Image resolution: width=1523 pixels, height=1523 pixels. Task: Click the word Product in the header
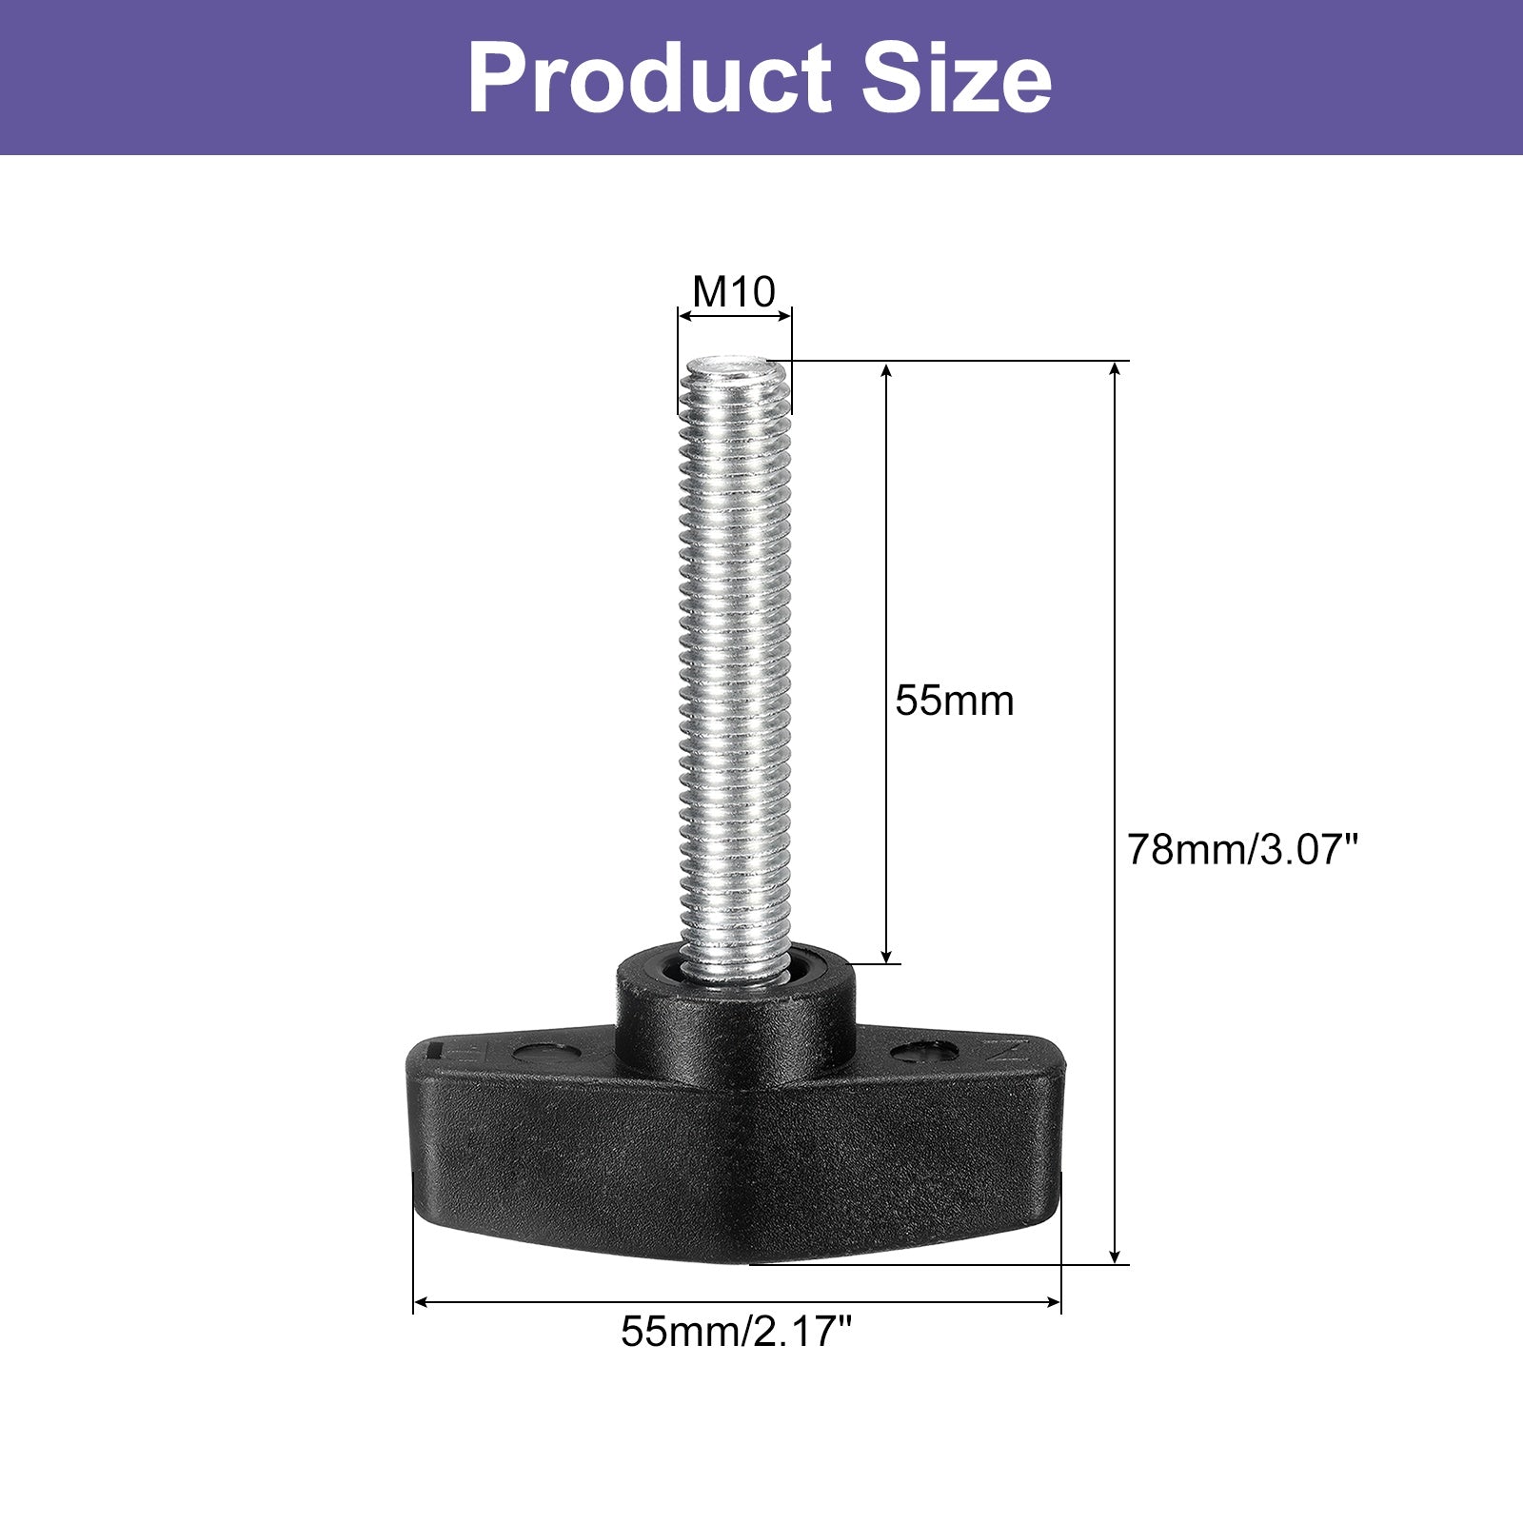tap(649, 78)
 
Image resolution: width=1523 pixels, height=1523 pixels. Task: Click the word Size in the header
tap(957, 78)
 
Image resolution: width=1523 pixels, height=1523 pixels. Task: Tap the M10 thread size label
tap(734, 291)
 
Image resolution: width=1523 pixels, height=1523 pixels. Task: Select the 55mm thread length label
tap(955, 701)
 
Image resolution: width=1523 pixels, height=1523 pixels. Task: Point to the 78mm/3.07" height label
tap(1241, 848)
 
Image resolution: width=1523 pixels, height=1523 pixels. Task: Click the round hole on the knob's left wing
tap(543, 1053)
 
